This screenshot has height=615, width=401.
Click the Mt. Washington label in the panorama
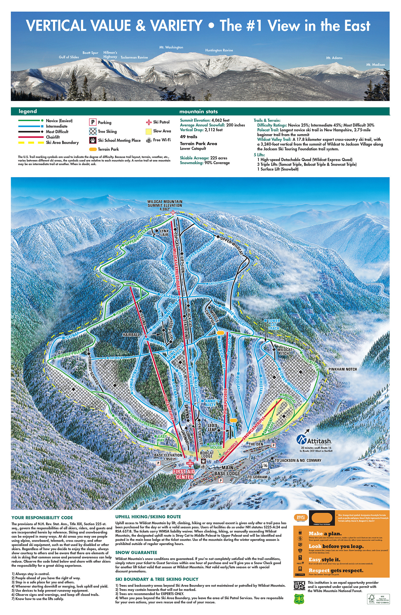tap(171, 47)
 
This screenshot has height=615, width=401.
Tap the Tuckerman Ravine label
tap(134, 57)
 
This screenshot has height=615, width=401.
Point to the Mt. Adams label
tap(334, 58)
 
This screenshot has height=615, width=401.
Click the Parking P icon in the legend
tap(92, 122)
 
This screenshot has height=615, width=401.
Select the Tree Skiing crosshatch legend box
tap(92, 131)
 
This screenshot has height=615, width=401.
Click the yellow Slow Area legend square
tap(149, 131)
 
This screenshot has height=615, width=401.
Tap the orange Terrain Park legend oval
tap(93, 149)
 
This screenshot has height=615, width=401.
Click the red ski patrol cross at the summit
tap(173, 213)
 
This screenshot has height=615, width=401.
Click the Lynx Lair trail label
tap(164, 233)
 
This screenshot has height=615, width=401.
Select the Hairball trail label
tap(131, 335)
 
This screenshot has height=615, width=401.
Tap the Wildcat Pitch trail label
tap(285, 351)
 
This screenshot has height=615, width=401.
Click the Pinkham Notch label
tap(342, 369)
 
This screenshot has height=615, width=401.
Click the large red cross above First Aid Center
tap(190, 463)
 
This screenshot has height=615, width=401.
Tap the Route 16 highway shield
tap(265, 465)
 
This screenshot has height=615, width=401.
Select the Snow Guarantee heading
tap(136, 552)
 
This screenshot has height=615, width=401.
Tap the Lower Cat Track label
tap(274, 324)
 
